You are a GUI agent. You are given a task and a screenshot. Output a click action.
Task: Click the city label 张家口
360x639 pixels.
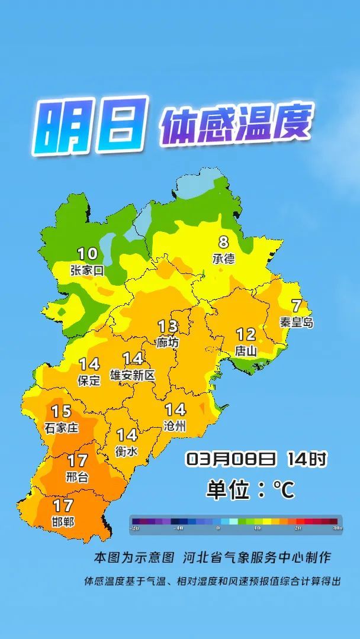(x=86, y=271)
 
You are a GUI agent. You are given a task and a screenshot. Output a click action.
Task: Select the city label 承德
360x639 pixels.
(x=223, y=259)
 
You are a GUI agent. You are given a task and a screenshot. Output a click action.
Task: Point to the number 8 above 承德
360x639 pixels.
(x=223, y=243)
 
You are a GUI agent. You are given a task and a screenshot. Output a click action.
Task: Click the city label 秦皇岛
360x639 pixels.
(x=297, y=322)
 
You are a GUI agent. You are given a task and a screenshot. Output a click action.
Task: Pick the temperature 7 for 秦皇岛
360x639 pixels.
(x=296, y=306)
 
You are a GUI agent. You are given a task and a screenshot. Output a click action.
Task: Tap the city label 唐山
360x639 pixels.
(x=246, y=350)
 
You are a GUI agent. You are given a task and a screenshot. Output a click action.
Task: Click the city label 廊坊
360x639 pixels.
(x=168, y=342)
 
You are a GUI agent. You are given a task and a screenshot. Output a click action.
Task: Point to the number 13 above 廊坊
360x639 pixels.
(x=168, y=326)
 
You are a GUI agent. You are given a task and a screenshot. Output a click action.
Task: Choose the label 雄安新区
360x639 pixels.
(x=133, y=375)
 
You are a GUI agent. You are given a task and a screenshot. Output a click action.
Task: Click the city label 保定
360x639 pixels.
(x=89, y=380)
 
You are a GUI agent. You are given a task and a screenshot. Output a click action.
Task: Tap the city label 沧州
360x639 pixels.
(x=175, y=425)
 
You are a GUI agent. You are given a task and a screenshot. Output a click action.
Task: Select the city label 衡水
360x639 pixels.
(x=127, y=451)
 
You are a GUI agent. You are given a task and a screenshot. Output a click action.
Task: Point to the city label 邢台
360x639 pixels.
(x=77, y=476)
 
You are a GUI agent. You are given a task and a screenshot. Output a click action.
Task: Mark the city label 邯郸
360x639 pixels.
(x=63, y=522)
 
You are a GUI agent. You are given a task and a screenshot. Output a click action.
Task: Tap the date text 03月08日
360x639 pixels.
(x=231, y=459)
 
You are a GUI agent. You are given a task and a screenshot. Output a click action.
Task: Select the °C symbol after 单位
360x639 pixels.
(x=284, y=490)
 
